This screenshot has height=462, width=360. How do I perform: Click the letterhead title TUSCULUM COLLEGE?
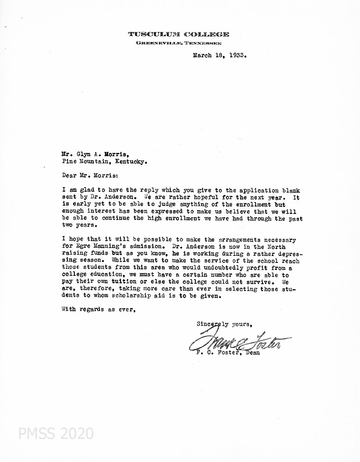click(178, 34)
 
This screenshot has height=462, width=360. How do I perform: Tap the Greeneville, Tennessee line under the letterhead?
click(178, 43)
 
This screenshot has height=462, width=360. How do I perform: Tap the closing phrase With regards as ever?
click(98, 310)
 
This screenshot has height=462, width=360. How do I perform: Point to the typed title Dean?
click(252, 353)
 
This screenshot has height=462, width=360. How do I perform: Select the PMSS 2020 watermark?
click(56, 433)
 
